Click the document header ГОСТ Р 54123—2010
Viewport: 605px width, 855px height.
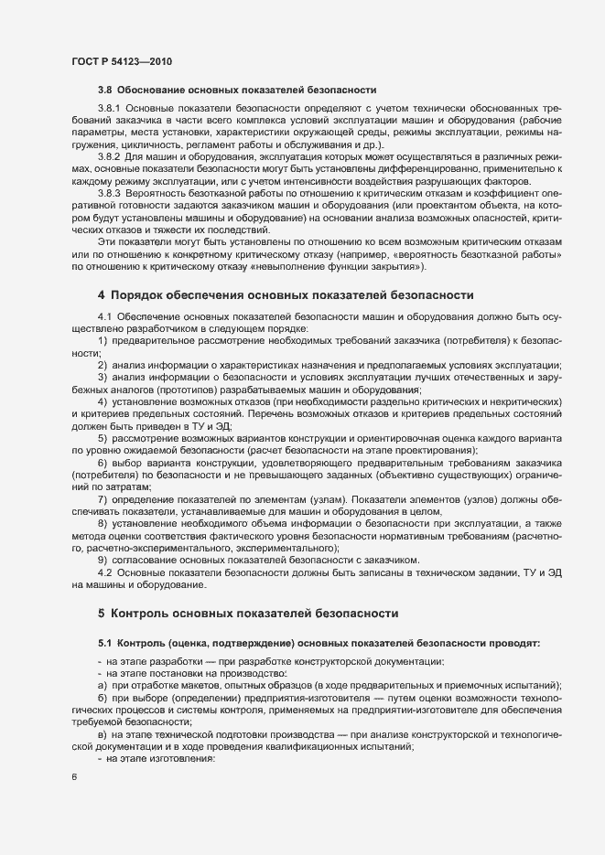(120, 61)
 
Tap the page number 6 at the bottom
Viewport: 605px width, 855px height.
(74, 777)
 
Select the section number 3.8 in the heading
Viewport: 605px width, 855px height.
(105, 90)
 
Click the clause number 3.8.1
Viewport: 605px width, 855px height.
(109, 109)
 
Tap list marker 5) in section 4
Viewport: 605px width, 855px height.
(103, 439)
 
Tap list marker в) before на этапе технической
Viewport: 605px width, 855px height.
(103, 735)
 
